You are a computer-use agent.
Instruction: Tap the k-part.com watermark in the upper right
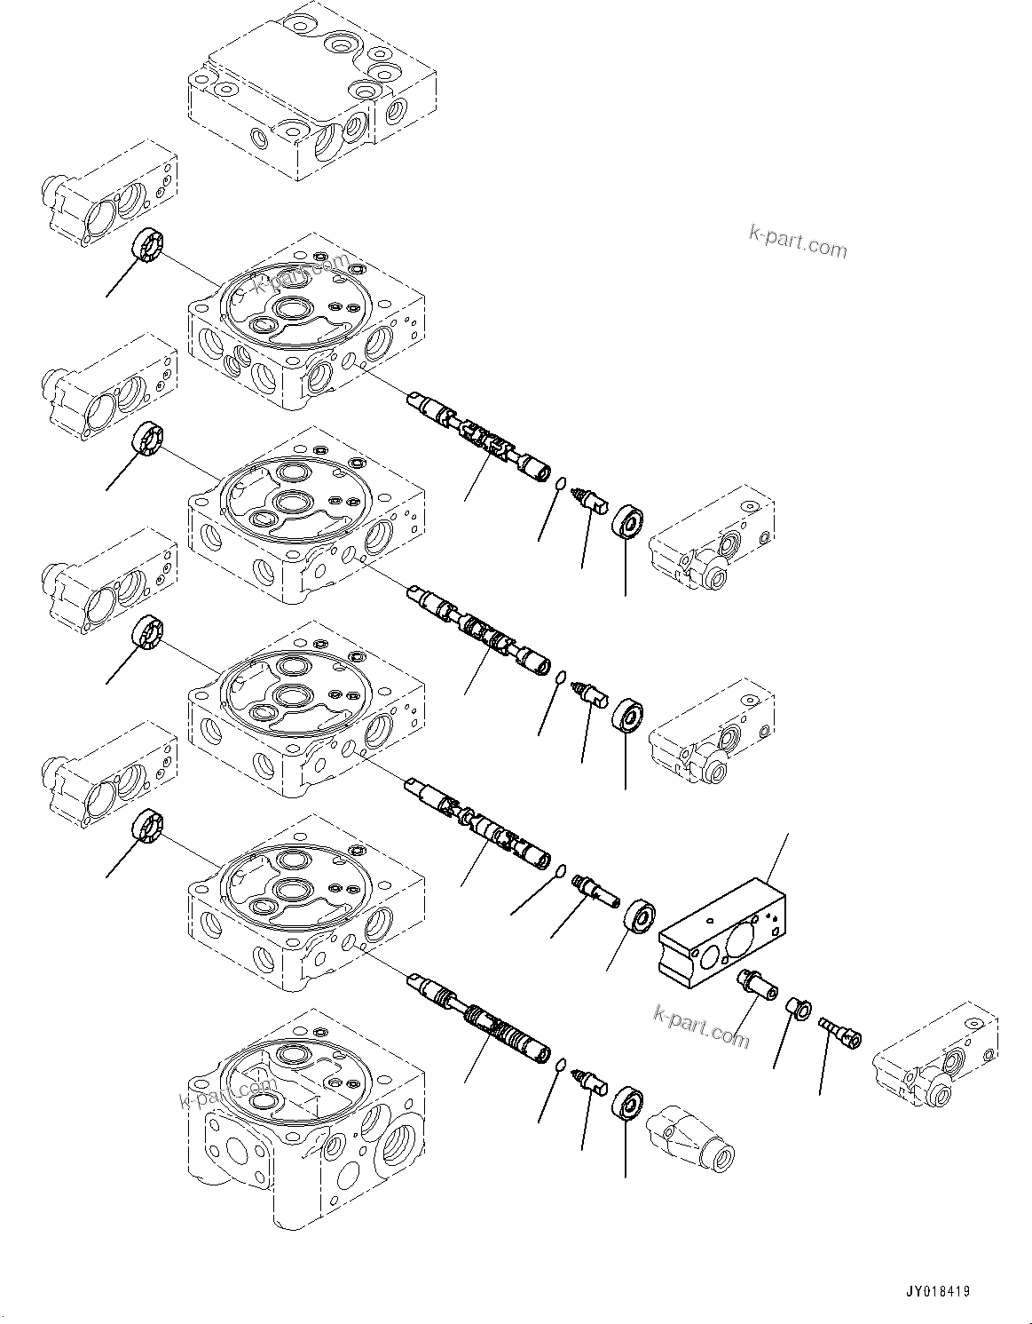pos(798,240)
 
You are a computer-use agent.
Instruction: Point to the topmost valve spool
pos(479,436)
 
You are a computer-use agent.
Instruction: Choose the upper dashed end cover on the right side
pos(714,540)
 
